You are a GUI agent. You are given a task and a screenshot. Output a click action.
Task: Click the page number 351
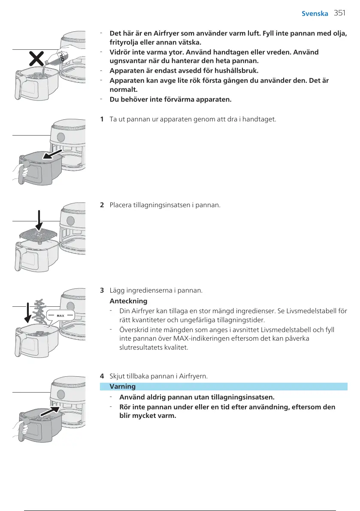(x=339, y=13)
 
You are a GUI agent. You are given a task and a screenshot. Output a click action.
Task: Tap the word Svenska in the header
(x=315, y=13)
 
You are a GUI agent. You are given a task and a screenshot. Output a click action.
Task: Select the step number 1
(x=101, y=118)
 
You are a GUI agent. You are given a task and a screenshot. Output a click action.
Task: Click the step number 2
(x=101, y=205)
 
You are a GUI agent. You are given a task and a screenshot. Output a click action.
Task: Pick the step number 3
(x=101, y=290)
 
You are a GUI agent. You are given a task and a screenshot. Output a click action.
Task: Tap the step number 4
(x=101, y=376)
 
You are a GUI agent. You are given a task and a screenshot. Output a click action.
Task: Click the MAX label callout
(x=60, y=315)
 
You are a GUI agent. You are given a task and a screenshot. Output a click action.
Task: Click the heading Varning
(x=123, y=387)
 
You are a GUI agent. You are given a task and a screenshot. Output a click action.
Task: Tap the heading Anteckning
(x=128, y=301)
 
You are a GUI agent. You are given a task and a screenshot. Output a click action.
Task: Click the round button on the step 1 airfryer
(x=61, y=137)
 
